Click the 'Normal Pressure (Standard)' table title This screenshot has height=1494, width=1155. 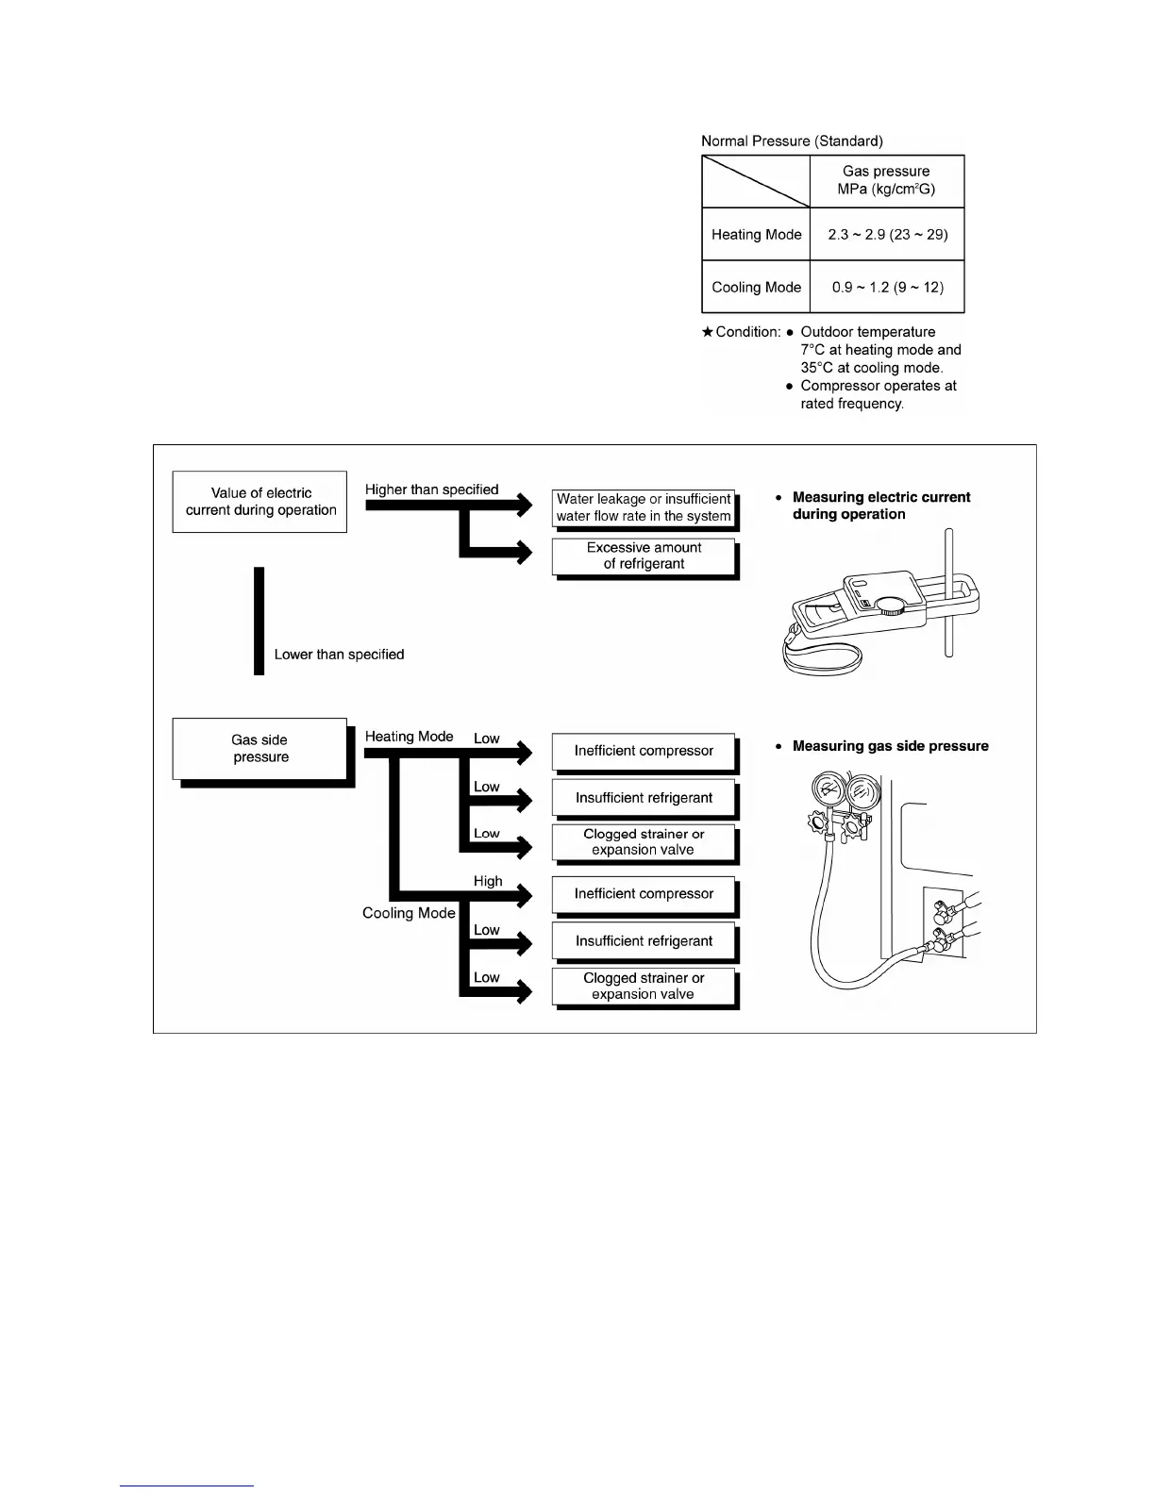pyautogui.click(x=792, y=141)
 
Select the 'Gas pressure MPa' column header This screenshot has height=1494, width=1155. pyautogui.click(x=886, y=180)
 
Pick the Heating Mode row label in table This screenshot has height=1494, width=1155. pyautogui.click(x=756, y=235)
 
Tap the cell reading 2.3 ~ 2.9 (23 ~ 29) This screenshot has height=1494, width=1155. pyautogui.click(x=887, y=235)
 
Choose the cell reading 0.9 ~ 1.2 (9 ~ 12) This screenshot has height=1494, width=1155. pyautogui.click(x=887, y=288)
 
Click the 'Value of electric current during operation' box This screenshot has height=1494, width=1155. pyautogui.click(x=260, y=502)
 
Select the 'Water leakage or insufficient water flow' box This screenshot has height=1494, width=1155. pyautogui.click(x=644, y=508)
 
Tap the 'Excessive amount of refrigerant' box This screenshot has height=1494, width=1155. pyautogui.click(x=644, y=556)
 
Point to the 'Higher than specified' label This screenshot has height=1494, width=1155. pyautogui.click(x=431, y=490)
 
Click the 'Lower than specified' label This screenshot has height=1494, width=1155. pyautogui.click(x=339, y=655)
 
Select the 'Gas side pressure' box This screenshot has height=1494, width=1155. pyautogui.click(x=260, y=749)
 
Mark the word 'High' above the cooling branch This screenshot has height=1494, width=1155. pyautogui.click(x=488, y=881)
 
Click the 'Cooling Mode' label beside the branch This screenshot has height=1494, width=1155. pyautogui.click(x=409, y=913)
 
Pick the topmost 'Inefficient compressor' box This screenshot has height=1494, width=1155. pyautogui.click(x=644, y=751)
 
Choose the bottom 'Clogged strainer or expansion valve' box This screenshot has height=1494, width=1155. pyautogui.click(x=644, y=987)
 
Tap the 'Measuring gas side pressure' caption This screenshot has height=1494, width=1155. pyautogui.click(x=890, y=746)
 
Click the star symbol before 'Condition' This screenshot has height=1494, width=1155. pyautogui.click(x=708, y=332)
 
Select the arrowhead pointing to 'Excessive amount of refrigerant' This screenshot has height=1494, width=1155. pyautogui.click(x=522, y=553)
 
